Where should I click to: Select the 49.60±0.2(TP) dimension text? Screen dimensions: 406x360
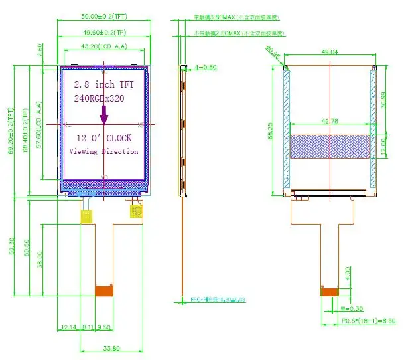click(x=104, y=31)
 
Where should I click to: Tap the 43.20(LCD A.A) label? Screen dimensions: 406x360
click(x=103, y=46)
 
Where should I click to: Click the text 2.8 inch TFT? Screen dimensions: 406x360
click(x=103, y=84)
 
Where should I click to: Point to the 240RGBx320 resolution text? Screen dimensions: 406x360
click(x=100, y=98)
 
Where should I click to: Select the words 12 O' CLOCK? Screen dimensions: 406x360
click(x=103, y=138)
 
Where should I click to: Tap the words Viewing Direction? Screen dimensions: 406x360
click(x=104, y=151)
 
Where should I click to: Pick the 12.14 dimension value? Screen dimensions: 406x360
click(x=68, y=327)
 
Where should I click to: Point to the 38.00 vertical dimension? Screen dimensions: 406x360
click(x=40, y=258)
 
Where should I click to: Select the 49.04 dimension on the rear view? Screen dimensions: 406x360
click(x=330, y=52)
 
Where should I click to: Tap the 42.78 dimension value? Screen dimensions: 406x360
click(x=330, y=121)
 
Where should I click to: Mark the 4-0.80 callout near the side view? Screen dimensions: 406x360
click(x=206, y=67)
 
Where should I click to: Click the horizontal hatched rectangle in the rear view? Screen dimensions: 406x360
click(x=330, y=146)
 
